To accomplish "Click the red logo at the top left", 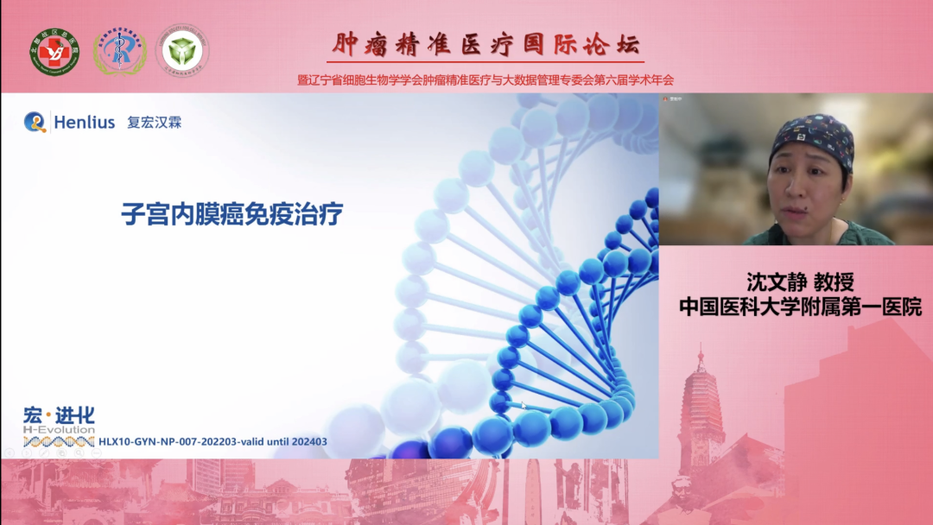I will point(54,51).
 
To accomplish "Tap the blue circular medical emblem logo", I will point(119,51).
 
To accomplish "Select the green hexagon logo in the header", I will point(182,50).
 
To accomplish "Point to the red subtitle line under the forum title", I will point(485,79).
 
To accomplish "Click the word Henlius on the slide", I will point(84,123).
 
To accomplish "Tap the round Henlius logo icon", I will point(35,122).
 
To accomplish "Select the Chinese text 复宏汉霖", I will point(155,123).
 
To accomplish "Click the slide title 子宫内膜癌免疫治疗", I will point(232,214).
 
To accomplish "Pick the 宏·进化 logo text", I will point(59,415).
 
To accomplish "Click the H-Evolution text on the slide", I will point(58,429).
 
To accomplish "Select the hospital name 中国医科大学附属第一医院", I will point(800,307).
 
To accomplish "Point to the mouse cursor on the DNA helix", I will point(523,404).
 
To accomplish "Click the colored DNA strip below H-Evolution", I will point(59,442).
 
